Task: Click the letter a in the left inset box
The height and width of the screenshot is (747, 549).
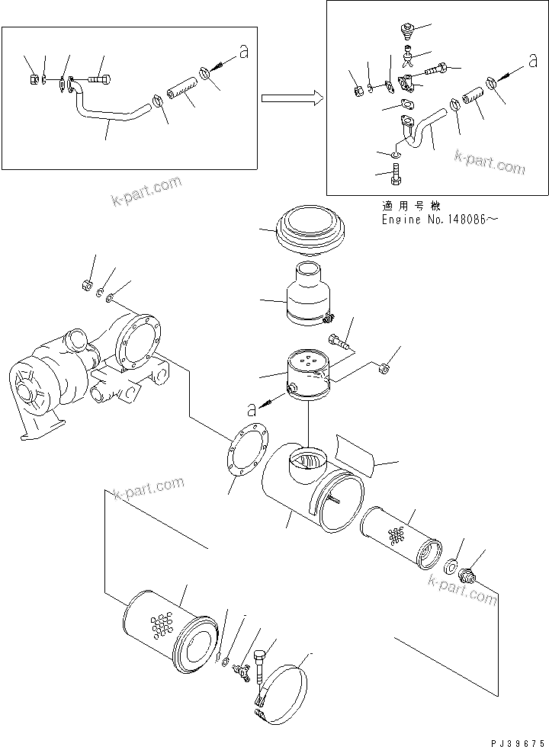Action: tap(243, 53)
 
